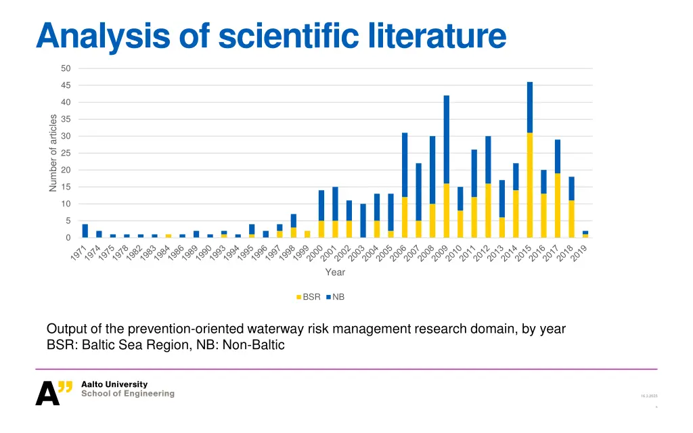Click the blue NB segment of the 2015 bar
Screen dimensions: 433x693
coord(530,107)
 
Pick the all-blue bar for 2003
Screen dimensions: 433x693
coord(363,221)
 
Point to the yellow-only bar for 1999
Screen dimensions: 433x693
coord(307,234)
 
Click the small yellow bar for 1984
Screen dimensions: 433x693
coord(169,235)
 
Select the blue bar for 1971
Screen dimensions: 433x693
coord(85,231)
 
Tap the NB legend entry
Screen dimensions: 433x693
coord(335,297)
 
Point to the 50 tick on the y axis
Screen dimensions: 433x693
coord(65,68)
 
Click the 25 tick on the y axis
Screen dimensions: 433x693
coord(65,153)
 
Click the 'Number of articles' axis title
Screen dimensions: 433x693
coord(53,153)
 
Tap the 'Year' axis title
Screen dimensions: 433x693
coord(335,272)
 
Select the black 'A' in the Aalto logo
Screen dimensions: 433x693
coord(47,394)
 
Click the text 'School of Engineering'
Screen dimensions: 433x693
coord(127,394)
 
